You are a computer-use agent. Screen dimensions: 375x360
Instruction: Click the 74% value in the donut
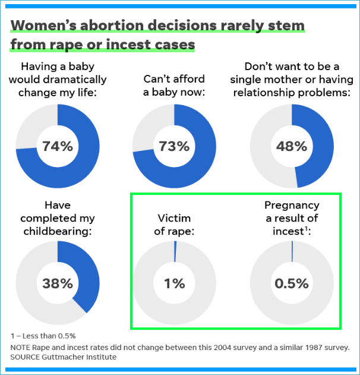[x=58, y=146]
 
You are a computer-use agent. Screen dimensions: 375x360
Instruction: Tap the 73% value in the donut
[x=174, y=146]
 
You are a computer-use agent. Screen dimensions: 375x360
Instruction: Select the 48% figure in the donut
[x=292, y=146]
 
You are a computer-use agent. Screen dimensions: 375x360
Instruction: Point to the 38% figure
[x=58, y=283]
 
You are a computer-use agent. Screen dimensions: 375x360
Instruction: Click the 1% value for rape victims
[x=174, y=283]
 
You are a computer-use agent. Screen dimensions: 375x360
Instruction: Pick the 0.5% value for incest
[x=292, y=283]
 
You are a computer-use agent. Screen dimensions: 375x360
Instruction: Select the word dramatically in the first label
[x=74, y=79]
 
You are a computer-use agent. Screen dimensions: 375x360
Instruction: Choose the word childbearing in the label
[x=58, y=231]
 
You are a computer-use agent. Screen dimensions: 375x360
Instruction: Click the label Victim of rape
[x=174, y=225]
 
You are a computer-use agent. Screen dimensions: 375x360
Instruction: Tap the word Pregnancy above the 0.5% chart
[x=292, y=206]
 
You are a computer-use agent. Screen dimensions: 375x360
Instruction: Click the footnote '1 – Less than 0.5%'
[x=43, y=336]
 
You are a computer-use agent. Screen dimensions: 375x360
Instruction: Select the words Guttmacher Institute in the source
[x=81, y=357]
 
